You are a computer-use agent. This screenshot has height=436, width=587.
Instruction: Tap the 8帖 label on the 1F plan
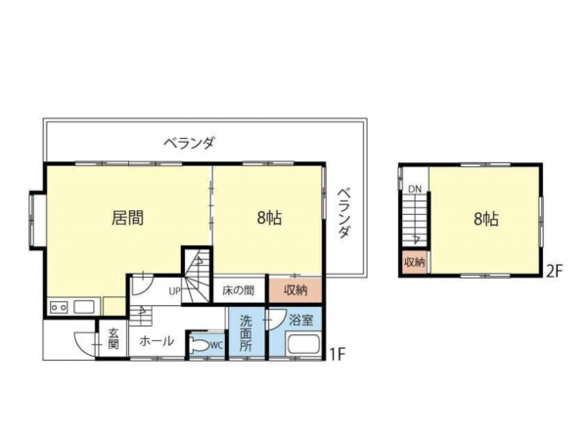click(269, 219)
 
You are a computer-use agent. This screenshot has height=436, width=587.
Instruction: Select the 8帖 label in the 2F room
click(485, 219)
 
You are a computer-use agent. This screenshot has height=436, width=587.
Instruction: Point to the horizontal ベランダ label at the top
click(190, 143)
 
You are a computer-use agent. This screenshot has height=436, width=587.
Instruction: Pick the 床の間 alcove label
click(238, 289)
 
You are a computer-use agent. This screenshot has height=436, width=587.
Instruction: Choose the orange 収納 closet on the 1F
click(295, 289)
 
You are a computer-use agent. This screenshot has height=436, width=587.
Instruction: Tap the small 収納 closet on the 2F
click(414, 262)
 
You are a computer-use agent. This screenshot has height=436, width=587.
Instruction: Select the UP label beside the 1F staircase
click(173, 290)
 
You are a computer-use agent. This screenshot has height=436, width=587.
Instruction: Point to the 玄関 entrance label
click(113, 338)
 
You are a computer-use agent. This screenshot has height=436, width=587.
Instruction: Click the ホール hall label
click(157, 341)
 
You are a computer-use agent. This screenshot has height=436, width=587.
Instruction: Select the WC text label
click(217, 343)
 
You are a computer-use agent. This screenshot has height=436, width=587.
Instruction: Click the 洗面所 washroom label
click(246, 333)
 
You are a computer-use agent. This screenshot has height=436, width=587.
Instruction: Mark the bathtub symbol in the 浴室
click(303, 346)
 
